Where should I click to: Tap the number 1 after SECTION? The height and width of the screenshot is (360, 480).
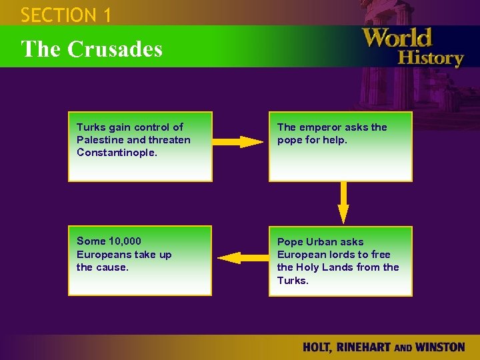coord(107,15)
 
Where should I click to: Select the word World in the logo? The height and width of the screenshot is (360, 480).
coord(398,38)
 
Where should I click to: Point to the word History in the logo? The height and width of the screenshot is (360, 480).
coord(430,57)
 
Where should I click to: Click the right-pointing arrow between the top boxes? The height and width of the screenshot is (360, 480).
coord(240,141)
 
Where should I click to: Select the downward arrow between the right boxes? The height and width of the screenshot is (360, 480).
coord(343,203)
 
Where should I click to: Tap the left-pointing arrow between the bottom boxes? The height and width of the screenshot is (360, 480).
coord(240,258)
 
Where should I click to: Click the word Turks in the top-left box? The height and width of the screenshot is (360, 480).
coord(90,127)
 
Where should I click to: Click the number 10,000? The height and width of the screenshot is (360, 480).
coord(123,241)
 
